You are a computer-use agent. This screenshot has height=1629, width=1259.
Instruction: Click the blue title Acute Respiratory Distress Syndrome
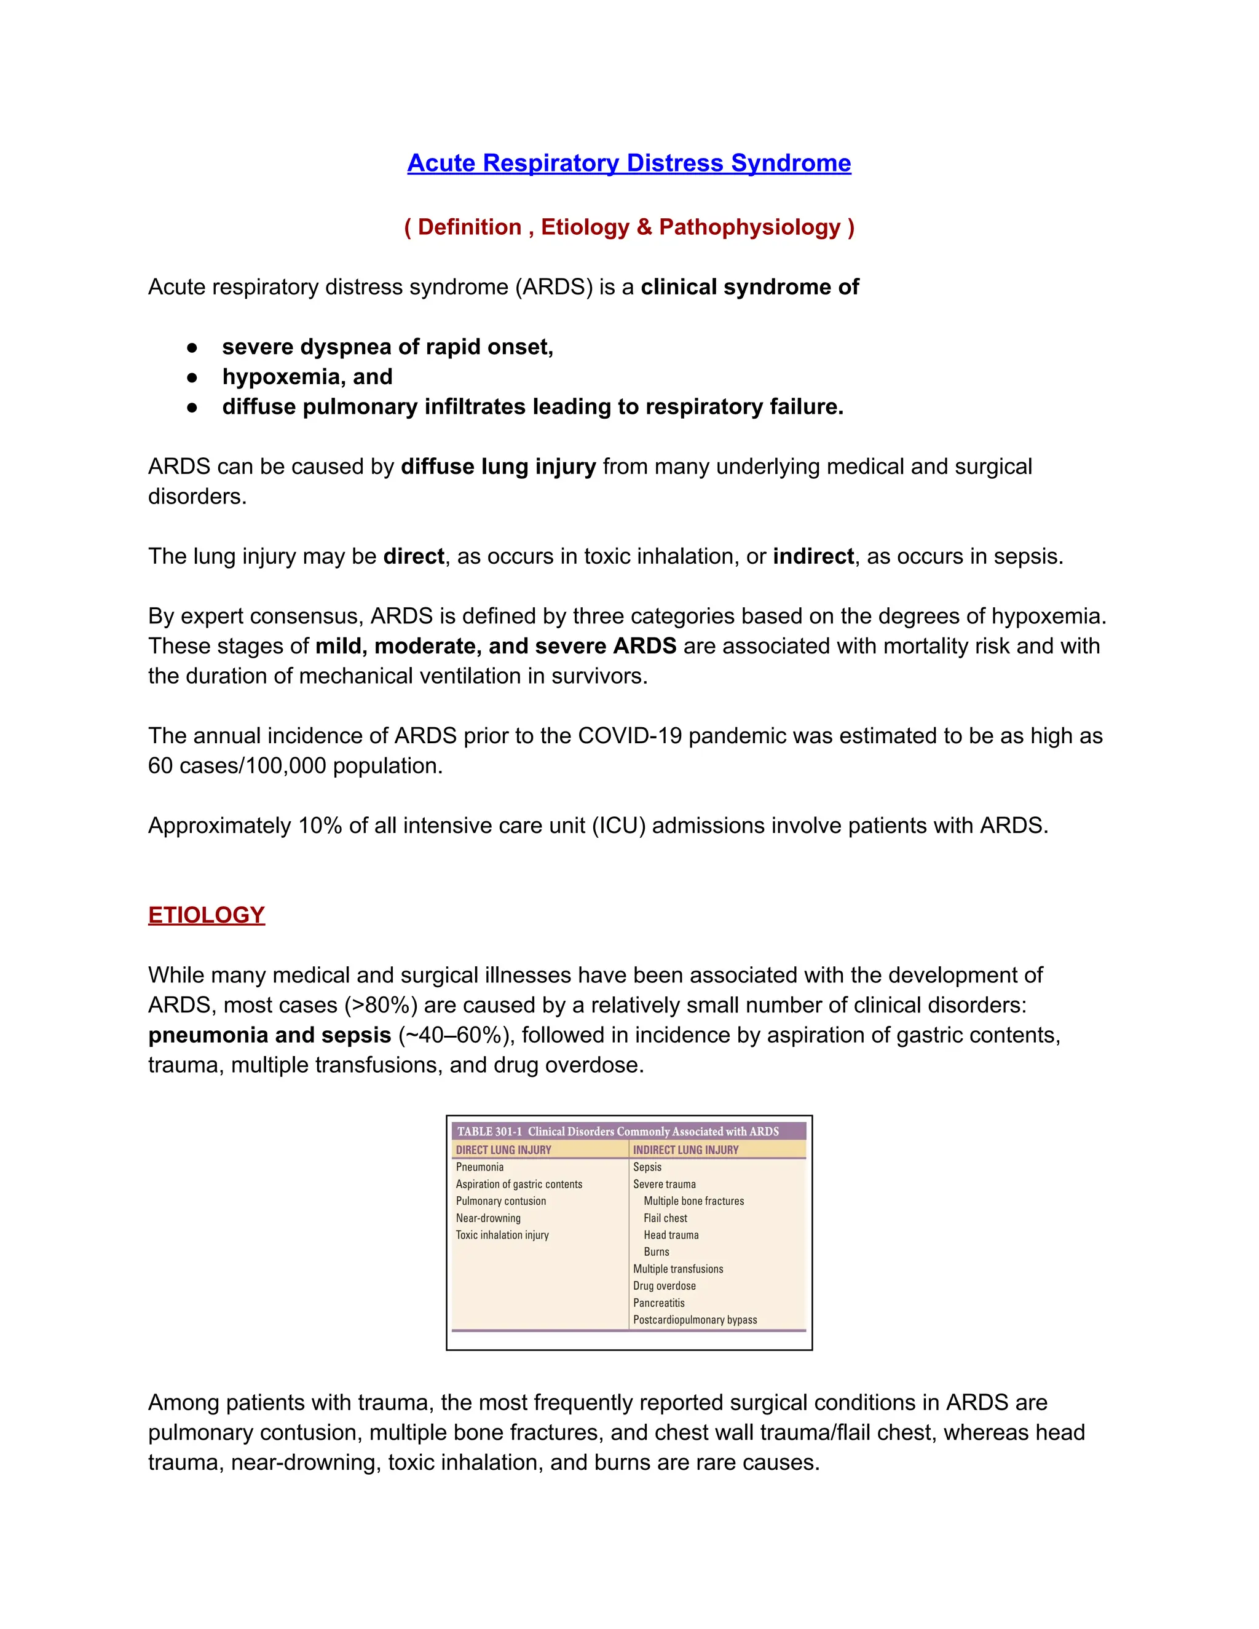coord(629,163)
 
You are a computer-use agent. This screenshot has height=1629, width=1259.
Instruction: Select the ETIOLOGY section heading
coord(207,915)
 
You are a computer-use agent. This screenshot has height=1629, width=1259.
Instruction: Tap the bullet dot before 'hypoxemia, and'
coord(192,377)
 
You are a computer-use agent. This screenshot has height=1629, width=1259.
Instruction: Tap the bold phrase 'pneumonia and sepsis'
coord(269,1035)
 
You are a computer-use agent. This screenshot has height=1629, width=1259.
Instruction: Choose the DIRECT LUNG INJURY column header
coord(503,1150)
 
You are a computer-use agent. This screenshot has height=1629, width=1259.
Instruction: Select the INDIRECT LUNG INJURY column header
coord(685,1150)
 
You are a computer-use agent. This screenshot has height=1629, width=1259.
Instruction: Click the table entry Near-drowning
coord(489,1218)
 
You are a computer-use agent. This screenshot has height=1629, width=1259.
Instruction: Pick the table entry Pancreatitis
coord(658,1303)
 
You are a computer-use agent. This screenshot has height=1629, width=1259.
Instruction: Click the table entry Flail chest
coord(665,1218)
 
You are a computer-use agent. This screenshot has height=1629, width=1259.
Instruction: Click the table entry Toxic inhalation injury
coord(502,1235)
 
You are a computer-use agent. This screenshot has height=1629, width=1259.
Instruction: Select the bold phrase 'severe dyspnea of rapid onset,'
coord(387,347)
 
